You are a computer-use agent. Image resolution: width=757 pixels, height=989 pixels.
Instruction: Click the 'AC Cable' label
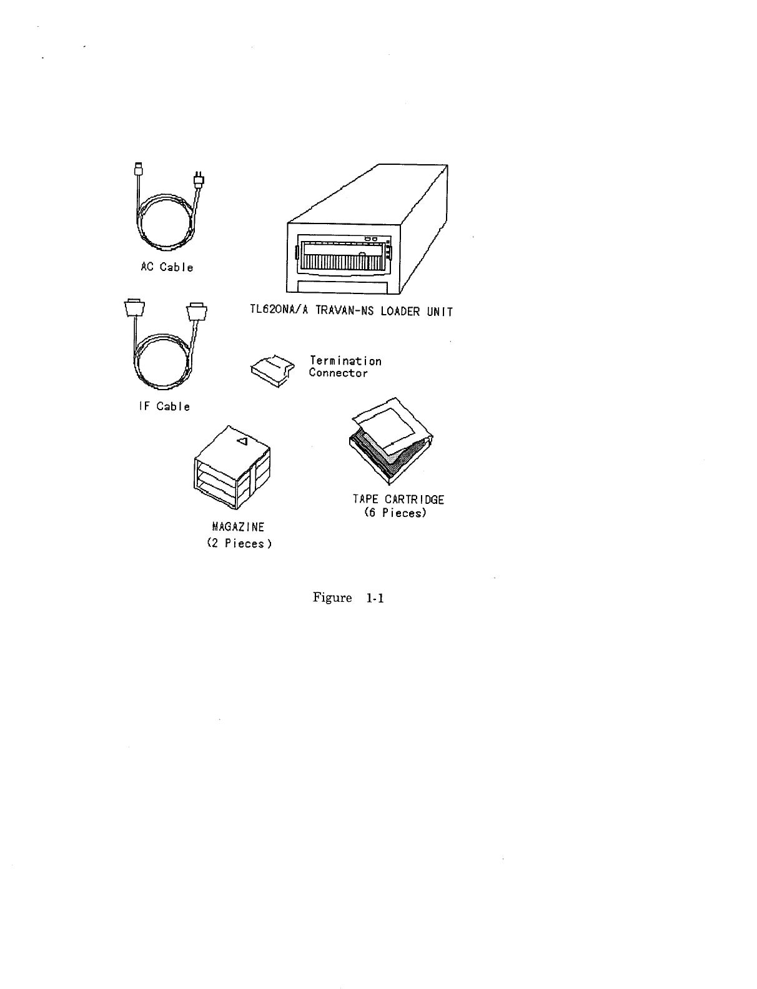[x=166, y=267]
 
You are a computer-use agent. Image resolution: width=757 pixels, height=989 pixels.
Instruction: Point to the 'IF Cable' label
[x=164, y=406]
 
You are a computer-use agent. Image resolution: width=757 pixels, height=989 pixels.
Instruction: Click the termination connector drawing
[x=272, y=371]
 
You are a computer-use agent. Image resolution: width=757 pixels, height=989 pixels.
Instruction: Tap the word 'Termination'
[x=345, y=361]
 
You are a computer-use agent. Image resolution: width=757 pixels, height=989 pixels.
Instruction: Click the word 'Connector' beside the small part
[x=338, y=373]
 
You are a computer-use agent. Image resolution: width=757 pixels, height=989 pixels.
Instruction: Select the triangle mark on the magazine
[x=244, y=441]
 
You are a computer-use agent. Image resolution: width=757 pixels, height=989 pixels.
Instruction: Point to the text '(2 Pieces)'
[x=239, y=543]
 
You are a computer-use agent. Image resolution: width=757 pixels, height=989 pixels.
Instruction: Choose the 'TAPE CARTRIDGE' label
[x=398, y=499]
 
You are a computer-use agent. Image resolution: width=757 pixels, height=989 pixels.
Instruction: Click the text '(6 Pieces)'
[x=395, y=513]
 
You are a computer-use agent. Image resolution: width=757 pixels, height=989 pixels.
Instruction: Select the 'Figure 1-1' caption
[x=347, y=598]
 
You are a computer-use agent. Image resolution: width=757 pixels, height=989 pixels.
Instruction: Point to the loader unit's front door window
[x=341, y=257]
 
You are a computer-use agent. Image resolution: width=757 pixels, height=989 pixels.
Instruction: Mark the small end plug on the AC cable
[x=139, y=169]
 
